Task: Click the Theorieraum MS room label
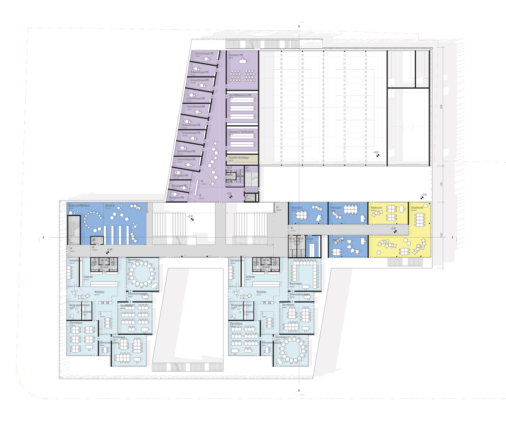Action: pos(235,55)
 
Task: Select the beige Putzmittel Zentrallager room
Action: pos(242,159)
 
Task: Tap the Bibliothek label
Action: pos(110,206)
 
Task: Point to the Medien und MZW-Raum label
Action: pos(79,206)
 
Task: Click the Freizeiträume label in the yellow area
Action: pos(417,208)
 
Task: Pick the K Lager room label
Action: pos(310,239)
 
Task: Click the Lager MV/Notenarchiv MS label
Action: pos(240,95)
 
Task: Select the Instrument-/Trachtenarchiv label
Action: pos(241,132)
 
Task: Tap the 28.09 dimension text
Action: pos(441,107)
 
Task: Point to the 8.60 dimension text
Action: pos(441,184)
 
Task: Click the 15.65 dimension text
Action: pos(441,235)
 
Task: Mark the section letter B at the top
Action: pos(299,26)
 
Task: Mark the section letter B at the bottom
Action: pos(299,390)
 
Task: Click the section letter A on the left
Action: pos(43,237)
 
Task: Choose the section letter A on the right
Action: pos(452,237)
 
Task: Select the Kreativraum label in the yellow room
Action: pos(376,208)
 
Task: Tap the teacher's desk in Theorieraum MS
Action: pos(243,61)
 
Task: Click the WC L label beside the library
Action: pos(95,239)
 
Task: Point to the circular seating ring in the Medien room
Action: pos(92,219)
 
